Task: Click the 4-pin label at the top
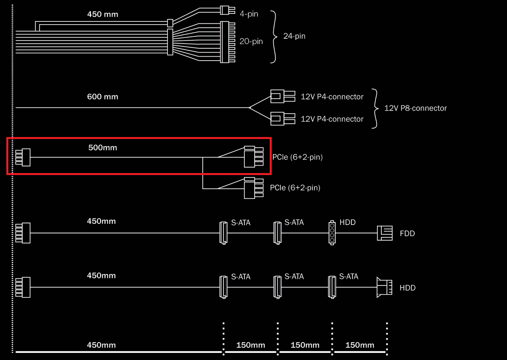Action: tap(249, 14)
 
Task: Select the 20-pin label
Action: tap(251, 41)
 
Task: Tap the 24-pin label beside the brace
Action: tap(294, 36)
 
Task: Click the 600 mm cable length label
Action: tap(103, 97)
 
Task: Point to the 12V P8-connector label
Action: tap(416, 108)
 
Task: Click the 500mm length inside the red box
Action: tap(103, 148)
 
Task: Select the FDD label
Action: tap(407, 233)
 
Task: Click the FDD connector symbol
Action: tap(384, 233)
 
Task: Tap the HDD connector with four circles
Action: tap(332, 233)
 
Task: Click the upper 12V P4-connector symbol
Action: tap(282, 96)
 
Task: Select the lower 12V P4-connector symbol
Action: tap(282, 118)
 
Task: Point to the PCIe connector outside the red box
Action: tap(253, 188)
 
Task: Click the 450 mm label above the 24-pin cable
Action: tap(103, 15)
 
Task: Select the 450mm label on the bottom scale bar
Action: tap(101, 345)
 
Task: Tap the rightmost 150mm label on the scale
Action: tap(360, 345)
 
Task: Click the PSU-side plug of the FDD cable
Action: tap(23, 233)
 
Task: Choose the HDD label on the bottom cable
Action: tap(407, 288)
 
